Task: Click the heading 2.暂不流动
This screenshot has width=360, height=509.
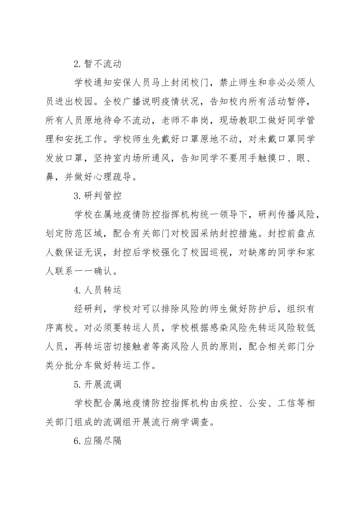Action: pos(98,64)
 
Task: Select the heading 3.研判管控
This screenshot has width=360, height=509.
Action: pos(98,196)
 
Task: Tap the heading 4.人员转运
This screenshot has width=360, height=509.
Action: pos(98,290)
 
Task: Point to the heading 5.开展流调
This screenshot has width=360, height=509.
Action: pos(98,384)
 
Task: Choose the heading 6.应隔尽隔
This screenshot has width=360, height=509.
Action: pos(98,441)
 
